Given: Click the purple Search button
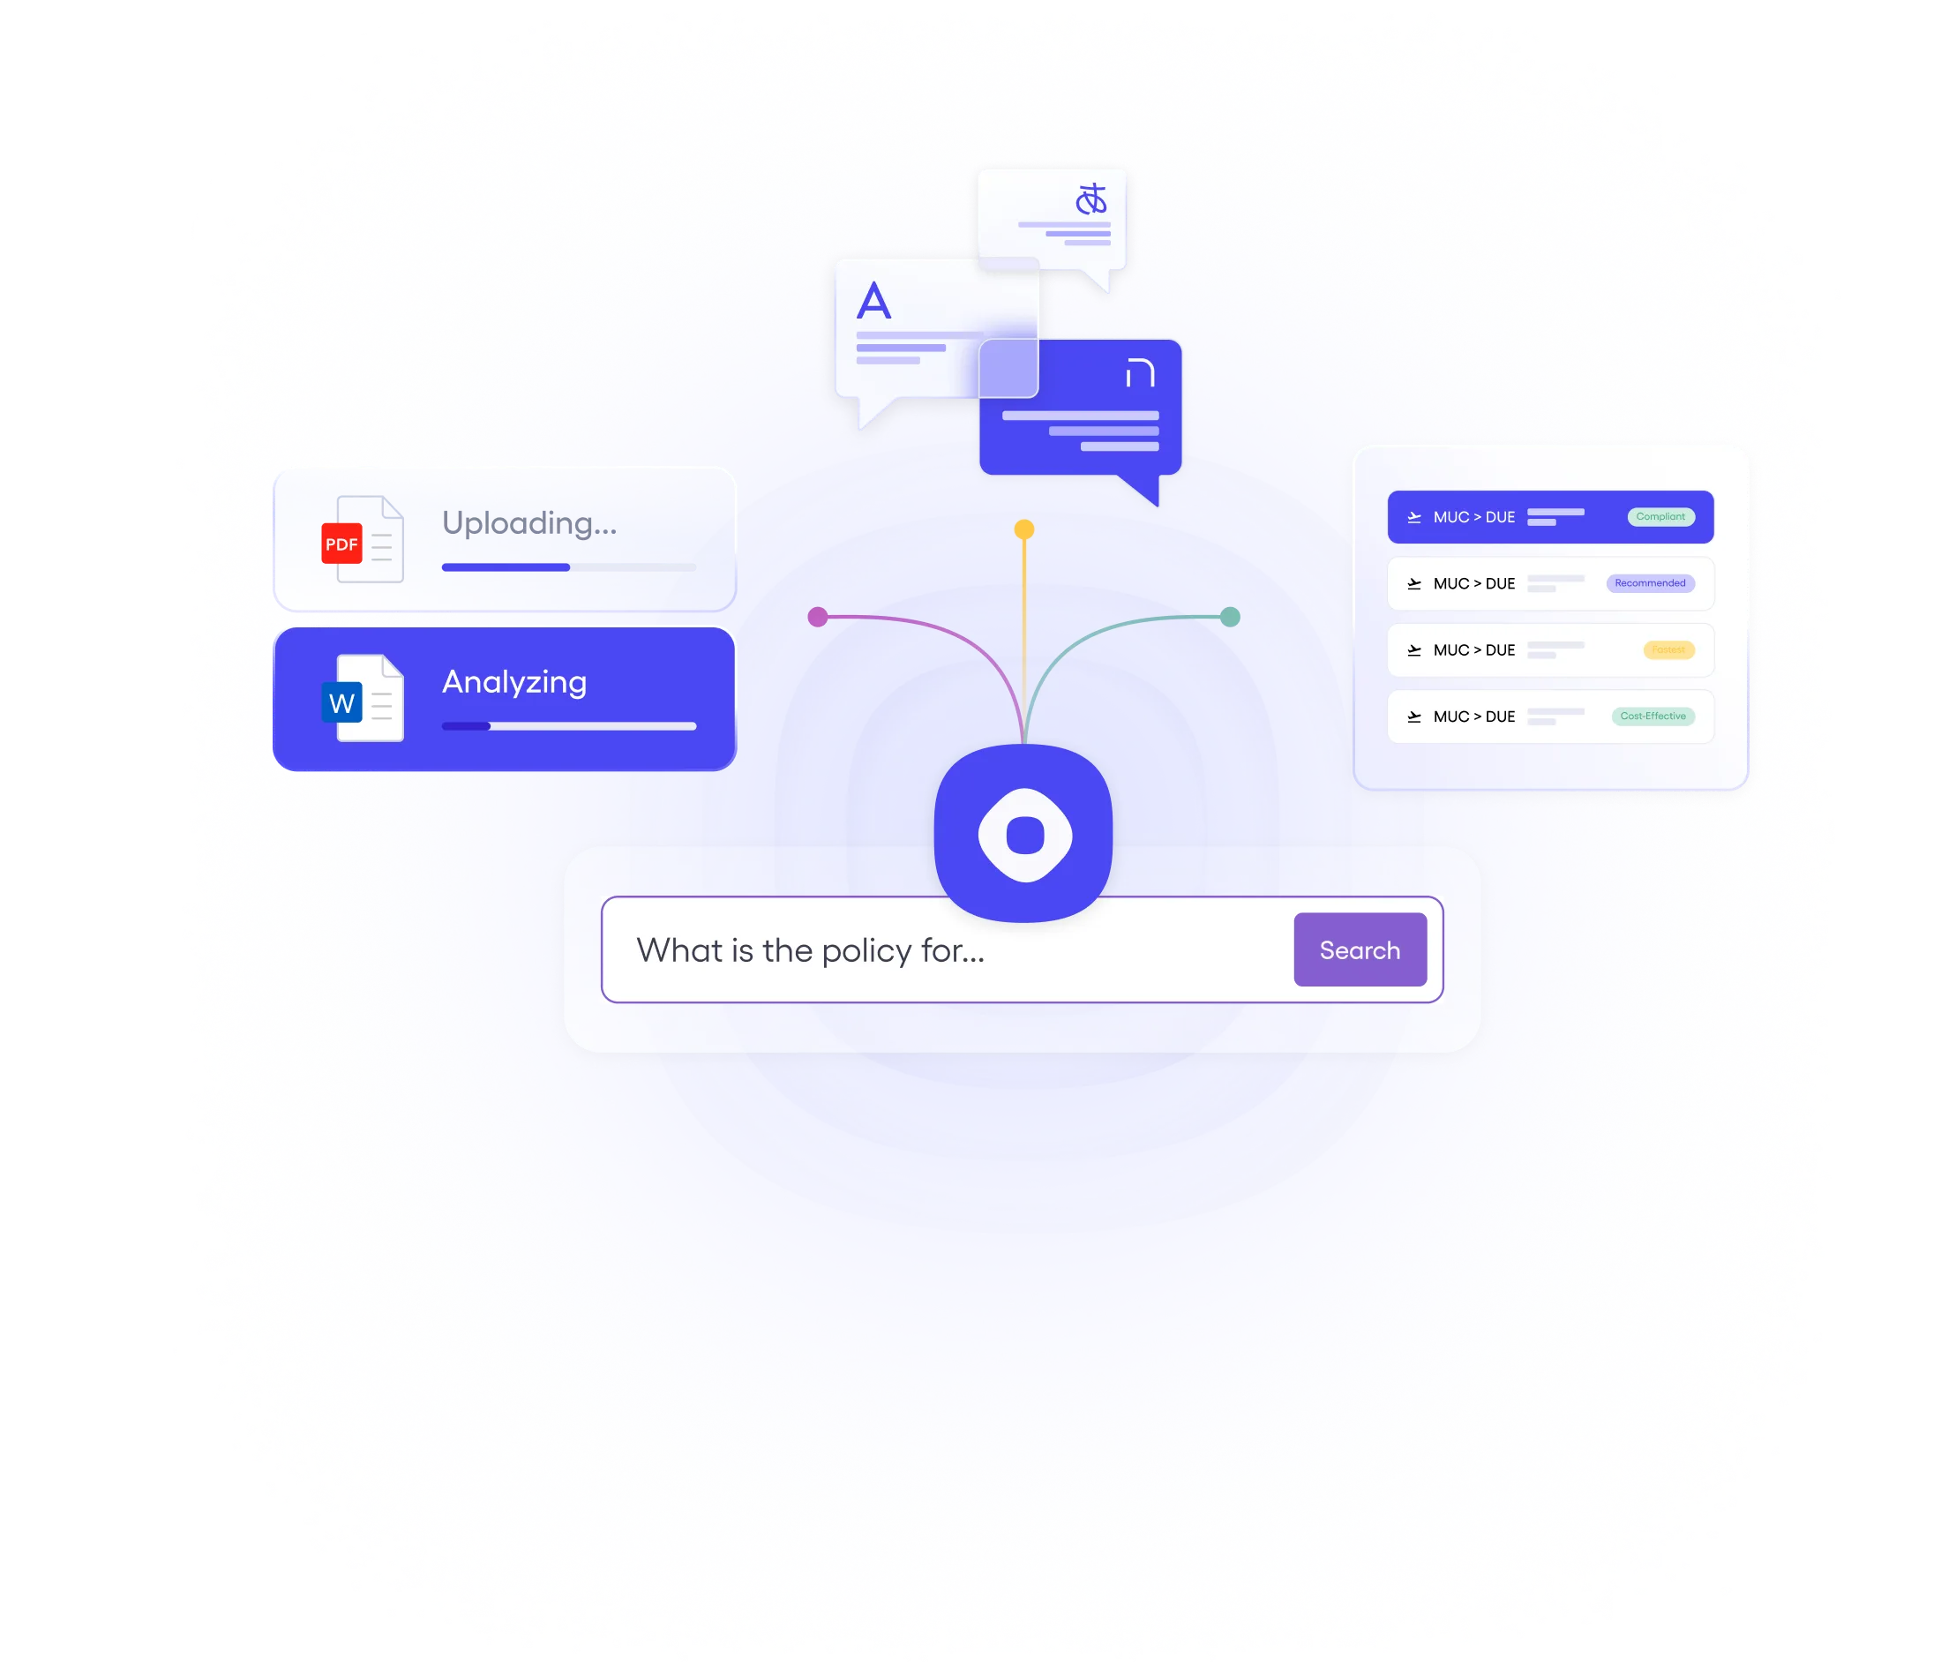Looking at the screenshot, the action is [x=1360, y=949].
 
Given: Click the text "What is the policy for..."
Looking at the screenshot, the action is [x=810, y=949].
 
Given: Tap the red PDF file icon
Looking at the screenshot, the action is [x=341, y=543].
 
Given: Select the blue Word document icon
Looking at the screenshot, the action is [x=342, y=702].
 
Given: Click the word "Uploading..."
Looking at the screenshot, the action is [x=528, y=523].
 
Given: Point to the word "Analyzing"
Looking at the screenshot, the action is [x=514, y=682].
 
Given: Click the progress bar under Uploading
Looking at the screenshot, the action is [x=568, y=567].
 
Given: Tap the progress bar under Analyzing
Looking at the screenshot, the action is [x=568, y=726].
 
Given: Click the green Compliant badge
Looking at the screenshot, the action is [x=1660, y=516].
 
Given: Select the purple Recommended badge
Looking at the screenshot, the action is [x=1649, y=583].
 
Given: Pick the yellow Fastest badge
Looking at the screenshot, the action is [x=1668, y=649].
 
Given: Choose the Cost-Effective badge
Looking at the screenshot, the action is [x=1652, y=716].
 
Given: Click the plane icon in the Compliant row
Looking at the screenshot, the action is [x=1414, y=517].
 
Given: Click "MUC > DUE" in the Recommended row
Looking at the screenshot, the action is [x=1473, y=583].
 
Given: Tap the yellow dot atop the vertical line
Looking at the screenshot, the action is [x=1024, y=529].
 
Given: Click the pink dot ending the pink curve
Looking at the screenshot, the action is [x=818, y=618].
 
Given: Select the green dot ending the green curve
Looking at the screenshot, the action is [x=1230, y=618].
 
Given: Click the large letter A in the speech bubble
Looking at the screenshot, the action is [x=873, y=301].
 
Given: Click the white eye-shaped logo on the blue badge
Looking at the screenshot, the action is [x=1024, y=835].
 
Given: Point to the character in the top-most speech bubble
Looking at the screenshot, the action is [x=1090, y=199].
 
